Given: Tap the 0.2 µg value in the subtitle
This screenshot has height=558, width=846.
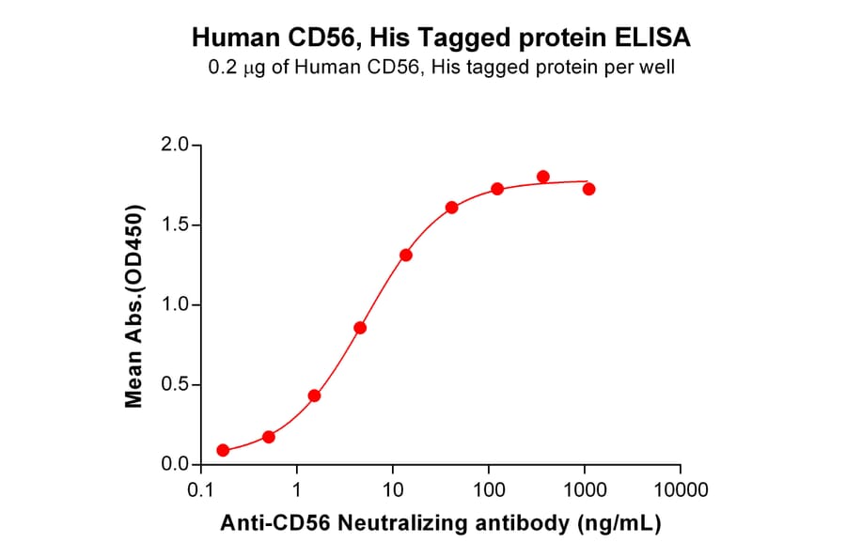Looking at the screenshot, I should click(x=234, y=68).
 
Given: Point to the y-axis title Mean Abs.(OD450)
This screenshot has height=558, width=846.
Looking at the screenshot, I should click(x=133, y=305).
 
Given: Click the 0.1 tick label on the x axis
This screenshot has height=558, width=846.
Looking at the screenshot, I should click(x=199, y=489).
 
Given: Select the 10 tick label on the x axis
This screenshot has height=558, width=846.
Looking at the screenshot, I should click(x=393, y=489).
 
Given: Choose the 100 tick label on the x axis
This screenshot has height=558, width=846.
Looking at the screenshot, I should click(x=489, y=489).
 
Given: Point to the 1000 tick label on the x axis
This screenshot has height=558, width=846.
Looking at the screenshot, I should click(x=585, y=489).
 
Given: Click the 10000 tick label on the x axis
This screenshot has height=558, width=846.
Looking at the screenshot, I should click(x=681, y=489).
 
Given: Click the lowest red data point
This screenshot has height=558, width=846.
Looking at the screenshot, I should click(x=223, y=450).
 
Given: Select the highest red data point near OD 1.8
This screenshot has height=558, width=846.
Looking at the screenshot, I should click(x=543, y=177).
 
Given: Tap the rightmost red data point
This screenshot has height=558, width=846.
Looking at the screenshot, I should click(x=589, y=189).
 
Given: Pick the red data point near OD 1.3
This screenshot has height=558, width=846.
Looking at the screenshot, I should click(x=406, y=255).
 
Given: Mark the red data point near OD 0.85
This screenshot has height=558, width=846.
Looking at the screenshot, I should click(x=360, y=327).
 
